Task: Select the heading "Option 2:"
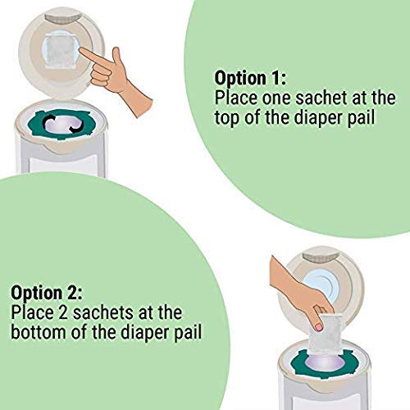coord(48,293)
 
